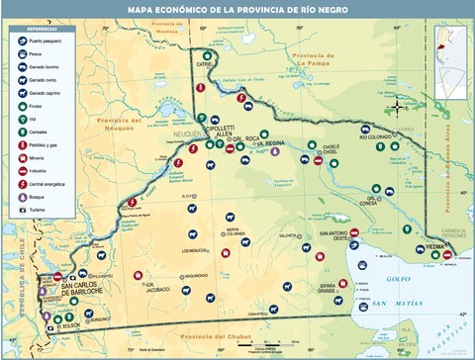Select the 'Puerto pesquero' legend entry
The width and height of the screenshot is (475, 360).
(x=34, y=42)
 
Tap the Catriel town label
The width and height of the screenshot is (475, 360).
(x=205, y=65)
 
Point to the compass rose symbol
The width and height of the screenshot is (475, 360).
(x=398, y=106)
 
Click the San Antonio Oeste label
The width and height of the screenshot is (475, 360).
(x=332, y=236)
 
